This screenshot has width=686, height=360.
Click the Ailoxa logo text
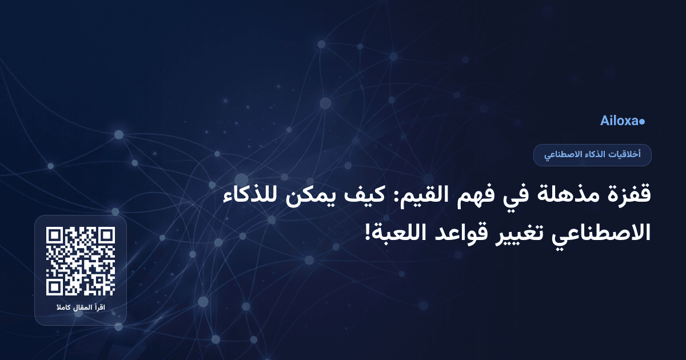click(619, 121)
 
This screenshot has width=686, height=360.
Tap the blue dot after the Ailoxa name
click(642, 122)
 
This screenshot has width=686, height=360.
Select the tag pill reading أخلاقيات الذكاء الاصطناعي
click(592, 155)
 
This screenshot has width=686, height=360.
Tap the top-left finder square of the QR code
click(55, 235)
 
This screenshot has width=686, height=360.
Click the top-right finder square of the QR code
click(106, 235)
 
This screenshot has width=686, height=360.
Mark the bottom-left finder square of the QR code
click(55, 287)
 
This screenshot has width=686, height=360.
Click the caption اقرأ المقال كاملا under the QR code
click(81, 309)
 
